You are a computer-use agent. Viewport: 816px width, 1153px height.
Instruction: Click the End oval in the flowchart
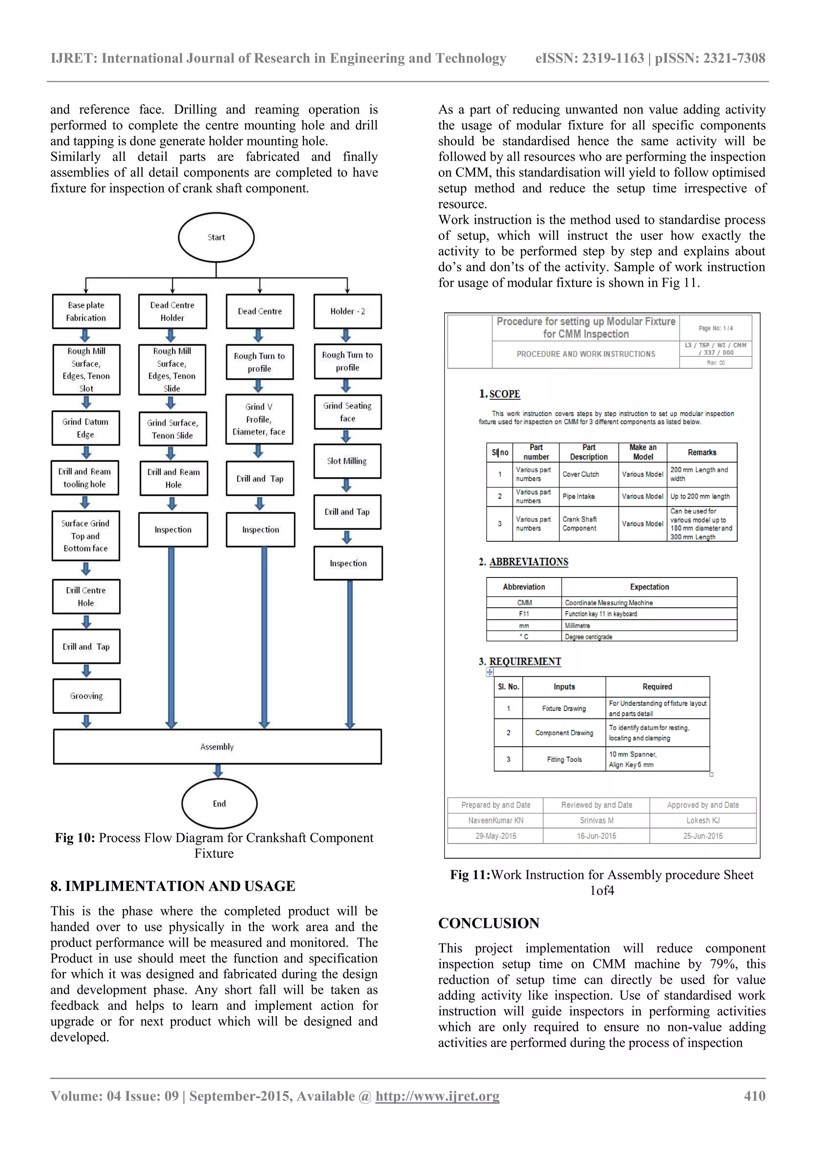[x=219, y=803]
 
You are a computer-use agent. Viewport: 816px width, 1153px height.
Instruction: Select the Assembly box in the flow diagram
[x=217, y=747]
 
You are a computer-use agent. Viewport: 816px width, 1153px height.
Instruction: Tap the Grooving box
[x=86, y=696]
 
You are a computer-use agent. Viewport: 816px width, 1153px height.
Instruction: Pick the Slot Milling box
[x=347, y=461]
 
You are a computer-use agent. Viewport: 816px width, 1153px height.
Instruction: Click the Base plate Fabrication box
[x=86, y=311]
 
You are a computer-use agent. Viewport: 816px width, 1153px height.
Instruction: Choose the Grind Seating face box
[x=347, y=412]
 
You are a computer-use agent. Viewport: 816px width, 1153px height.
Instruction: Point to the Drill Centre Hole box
[x=86, y=597]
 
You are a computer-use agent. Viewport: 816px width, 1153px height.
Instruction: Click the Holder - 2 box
[x=347, y=311]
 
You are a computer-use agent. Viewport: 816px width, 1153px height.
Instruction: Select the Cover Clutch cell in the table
[x=581, y=474]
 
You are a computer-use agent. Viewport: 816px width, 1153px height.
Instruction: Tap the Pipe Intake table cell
[x=579, y=496]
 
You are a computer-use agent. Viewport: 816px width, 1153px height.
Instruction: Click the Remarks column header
[x=702, y=452]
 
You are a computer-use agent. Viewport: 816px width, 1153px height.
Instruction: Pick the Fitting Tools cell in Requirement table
[x=564, y=759]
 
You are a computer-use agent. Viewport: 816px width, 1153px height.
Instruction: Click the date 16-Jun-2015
[x=596, y=836]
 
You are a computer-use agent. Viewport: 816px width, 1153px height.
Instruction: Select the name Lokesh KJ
[x=703, y=820]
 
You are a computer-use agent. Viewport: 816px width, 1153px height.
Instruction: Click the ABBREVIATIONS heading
[x=529, y=562]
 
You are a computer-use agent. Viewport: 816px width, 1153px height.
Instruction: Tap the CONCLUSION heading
[x=488, y=923]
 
